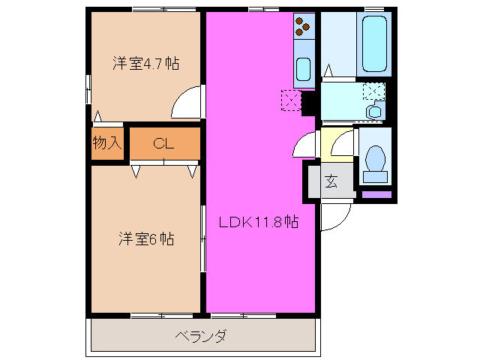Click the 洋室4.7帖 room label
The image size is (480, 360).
tap(146, 64)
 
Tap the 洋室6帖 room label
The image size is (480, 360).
tap(146, 239)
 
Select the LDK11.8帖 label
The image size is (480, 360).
tap(259, 222)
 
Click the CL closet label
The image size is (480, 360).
tap(164, 144)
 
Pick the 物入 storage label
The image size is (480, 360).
tap(107, 142)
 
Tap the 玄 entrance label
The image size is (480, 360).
tap(331, 181)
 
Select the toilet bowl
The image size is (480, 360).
tap(374, 160)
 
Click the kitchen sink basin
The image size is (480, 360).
tap(303, 70)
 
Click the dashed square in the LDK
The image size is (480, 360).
tap(290, 100)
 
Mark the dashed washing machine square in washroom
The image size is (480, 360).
tap(373, 91)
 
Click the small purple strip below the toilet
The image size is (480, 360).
tap(376, 194)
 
